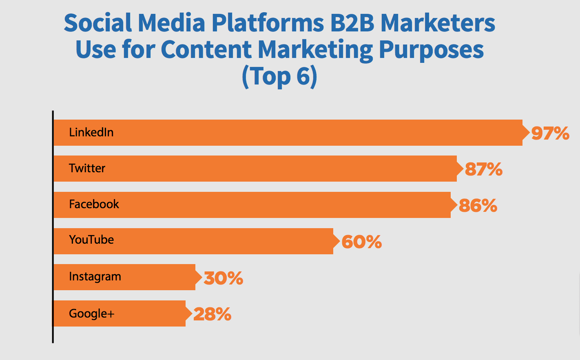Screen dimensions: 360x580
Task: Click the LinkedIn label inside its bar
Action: (x=91, y=132)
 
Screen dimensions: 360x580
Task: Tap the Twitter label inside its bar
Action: (x=87, y=168)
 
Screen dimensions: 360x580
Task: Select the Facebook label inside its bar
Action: (x=94, y=204)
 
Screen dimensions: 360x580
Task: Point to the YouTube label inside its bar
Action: (x=91, y=240)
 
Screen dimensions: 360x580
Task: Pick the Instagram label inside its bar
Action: (x=95, y=276)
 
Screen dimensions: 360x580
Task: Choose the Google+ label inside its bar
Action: (x=92, y=313)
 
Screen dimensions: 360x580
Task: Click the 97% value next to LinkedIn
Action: (x=550, y=133)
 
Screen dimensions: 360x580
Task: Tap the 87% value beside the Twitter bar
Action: (x=483, y=169)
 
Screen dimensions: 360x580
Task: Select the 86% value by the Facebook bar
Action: (x=478, y=205)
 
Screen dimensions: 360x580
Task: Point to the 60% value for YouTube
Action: (x=362, y=242)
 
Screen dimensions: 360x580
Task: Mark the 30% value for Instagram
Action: (x=224, y=278)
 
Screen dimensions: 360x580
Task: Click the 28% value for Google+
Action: (x=213, y=314)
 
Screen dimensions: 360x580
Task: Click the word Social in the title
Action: (x=98, y=23)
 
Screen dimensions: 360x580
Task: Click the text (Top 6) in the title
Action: (x=279, y=77)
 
